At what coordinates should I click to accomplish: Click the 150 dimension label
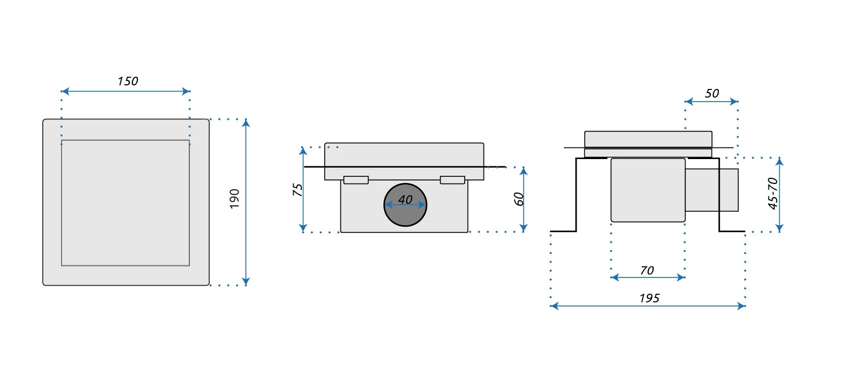coord(127,81)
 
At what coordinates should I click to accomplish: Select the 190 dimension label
coord(234,198)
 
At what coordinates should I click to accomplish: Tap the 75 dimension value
coord(297,190)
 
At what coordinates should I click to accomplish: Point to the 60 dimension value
coord(519,199)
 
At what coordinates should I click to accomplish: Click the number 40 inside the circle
coord(405,199)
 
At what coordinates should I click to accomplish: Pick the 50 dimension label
coord(711,94)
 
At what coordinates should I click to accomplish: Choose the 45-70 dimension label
coord(773,194)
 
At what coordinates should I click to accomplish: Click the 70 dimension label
coord(647,270)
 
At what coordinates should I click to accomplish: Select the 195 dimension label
coord(649,298)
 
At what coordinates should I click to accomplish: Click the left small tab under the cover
coord(356,180)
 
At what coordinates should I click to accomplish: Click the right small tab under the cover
coord(452,180)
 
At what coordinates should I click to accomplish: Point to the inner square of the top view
coord(125,203)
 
